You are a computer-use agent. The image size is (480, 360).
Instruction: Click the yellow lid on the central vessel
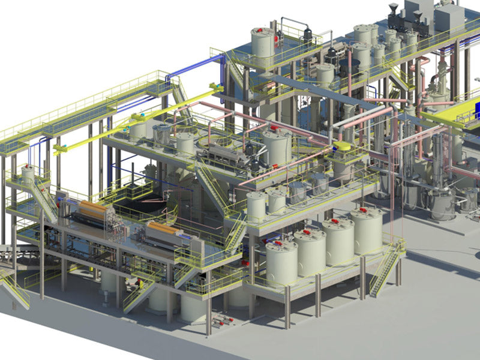(x=344, y=146)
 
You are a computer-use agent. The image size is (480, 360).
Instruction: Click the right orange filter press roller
(x=163, y=229)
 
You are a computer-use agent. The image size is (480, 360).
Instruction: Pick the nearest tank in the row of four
(x=281, y=262)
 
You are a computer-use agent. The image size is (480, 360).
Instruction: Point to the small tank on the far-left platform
(x=28, y=175)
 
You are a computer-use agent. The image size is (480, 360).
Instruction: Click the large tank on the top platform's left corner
(x=262, y=46)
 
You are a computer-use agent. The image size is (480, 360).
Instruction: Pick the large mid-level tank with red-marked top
(x=276, y=147)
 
